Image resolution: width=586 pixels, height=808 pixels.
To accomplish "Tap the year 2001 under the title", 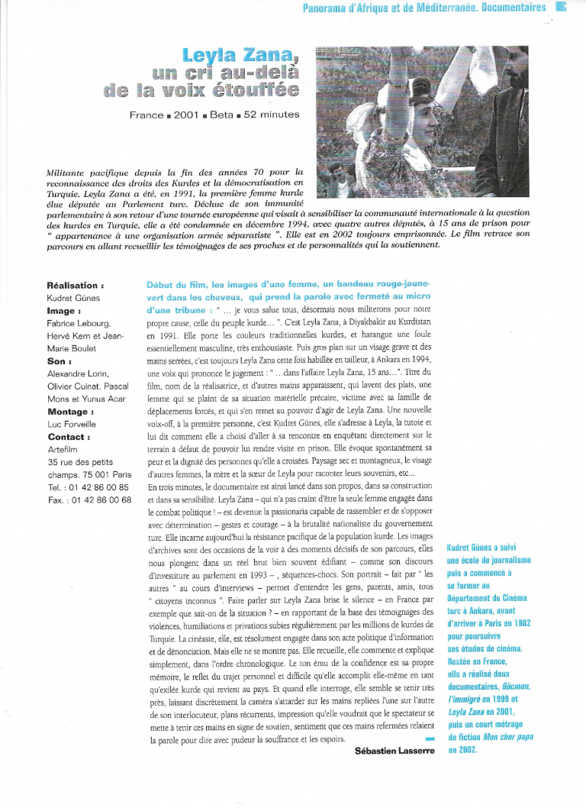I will (x=188, y=115).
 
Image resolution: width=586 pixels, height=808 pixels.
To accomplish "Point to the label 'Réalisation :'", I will (x=76, y=285).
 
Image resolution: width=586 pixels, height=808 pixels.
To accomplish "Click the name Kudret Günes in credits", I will (x=73, y=298).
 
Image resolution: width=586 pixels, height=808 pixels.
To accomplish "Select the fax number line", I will (x=89, y=499).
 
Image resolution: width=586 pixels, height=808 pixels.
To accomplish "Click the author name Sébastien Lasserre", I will (x=394, y=750).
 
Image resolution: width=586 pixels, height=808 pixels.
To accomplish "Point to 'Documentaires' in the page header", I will (x=511, y=8).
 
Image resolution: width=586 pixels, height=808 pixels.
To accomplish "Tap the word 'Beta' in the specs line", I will (x=220, y=115).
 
